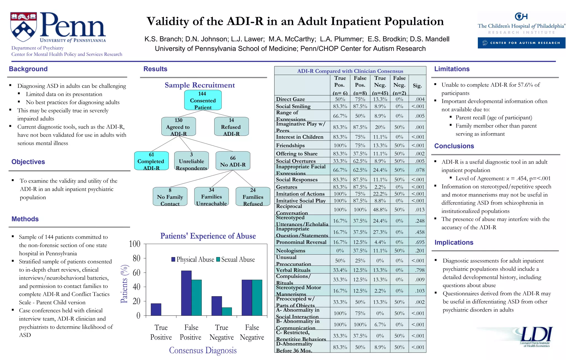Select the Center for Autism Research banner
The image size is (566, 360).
521,43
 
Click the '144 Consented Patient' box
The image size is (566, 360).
203,100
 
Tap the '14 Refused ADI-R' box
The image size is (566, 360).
231,127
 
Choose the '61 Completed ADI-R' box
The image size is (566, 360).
151,161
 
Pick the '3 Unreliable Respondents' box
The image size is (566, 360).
192,161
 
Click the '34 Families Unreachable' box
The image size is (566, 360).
211,197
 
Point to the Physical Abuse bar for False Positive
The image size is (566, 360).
186,293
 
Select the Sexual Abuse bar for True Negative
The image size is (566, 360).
227,311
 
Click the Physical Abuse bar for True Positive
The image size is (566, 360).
156,309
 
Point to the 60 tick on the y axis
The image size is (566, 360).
137,273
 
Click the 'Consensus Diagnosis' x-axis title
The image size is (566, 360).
203,350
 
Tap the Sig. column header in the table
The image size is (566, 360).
417,86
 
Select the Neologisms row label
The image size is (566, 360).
290,251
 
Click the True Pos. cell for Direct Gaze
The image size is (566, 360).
340,99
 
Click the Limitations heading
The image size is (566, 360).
452,69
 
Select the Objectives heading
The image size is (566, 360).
28,162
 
